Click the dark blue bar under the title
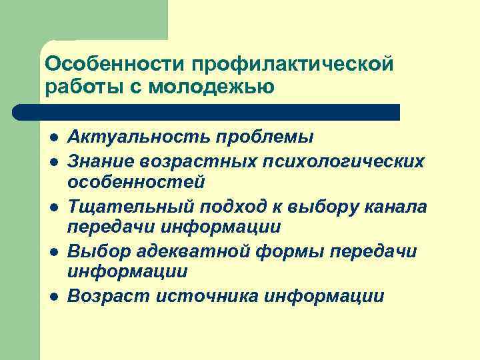(207, 112)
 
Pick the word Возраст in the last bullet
(107, 296)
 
